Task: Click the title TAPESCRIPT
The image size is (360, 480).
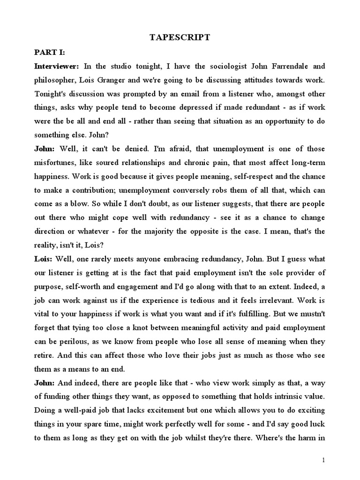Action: (180, 38)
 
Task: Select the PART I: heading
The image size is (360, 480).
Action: (49, 52)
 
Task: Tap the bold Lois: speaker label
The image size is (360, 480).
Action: (43, 259)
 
